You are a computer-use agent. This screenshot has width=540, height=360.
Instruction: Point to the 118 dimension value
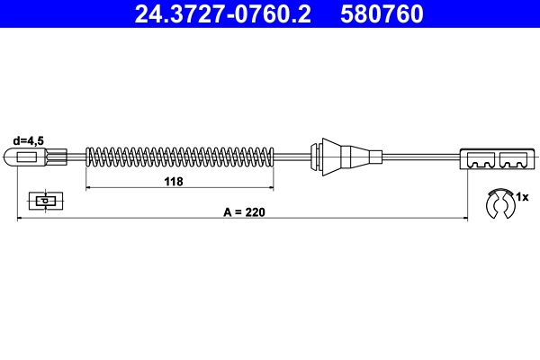[x=174, y=182]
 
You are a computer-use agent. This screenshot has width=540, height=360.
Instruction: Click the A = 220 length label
[x=244, y=212]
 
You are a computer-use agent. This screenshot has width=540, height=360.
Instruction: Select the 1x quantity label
[x=525, y=195]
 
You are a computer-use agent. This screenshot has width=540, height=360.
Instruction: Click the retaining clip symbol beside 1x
[x=497, y=204]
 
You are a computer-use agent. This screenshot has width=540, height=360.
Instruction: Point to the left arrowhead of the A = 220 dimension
[x=21, y=218]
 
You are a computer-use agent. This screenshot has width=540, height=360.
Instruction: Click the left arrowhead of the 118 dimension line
[x=89, y=188]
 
